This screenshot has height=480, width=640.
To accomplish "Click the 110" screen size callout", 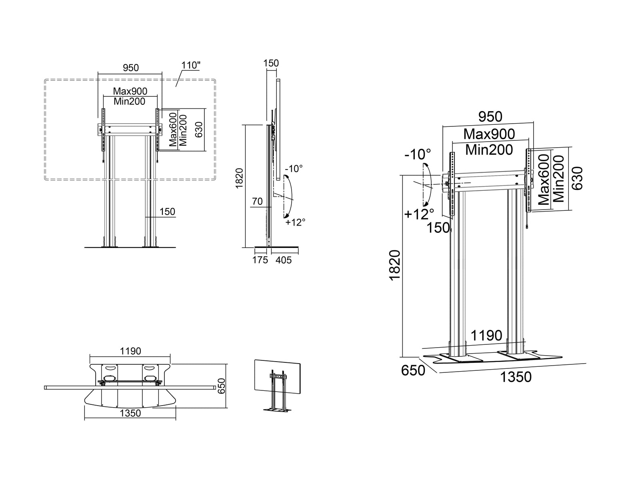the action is click(x=191, y=65).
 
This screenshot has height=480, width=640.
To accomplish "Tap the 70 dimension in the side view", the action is click(x=257, y=201).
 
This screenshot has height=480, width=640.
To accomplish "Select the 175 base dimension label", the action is click(x=260, y=260).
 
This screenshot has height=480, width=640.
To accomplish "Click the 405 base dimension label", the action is click(x=284, y=260).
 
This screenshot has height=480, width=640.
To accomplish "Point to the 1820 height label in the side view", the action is click(x=239, y=178).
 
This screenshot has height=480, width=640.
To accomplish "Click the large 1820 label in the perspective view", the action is click(x=395, y=265).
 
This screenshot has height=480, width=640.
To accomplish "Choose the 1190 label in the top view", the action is click(x=130, y=351).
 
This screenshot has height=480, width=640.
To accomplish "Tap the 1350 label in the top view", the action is click(x=130, y=413).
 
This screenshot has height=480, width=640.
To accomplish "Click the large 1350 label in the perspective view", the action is click(x=516, y=377).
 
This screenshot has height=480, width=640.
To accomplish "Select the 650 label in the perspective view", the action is click(x=413, y=370).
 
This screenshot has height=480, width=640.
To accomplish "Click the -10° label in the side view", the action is click(x=294, y=168).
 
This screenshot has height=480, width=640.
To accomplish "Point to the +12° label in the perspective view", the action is click(x=419, y=214).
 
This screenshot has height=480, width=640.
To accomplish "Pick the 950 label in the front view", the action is click(x=131, y=68).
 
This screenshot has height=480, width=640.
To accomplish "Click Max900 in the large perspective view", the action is click(x=489, y=134).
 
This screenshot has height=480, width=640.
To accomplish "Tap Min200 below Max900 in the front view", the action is click(x=130, y=102).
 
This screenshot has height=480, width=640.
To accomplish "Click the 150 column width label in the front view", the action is click(x=167, y=212).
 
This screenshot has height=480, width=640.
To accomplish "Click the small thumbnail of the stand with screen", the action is click(x=277, y=385).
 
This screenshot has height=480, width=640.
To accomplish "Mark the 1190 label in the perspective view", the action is click(x=486, y=336).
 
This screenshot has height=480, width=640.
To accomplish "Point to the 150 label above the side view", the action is click(x=271, y=63).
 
